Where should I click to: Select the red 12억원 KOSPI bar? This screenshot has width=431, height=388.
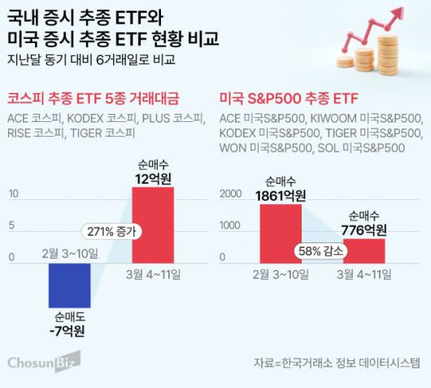[x=153, y=221]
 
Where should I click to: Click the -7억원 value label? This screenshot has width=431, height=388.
[x=69, y=331]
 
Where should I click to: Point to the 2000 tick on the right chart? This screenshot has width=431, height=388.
[x=231, y=194]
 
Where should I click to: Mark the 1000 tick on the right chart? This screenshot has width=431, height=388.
[x=231, y=225]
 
